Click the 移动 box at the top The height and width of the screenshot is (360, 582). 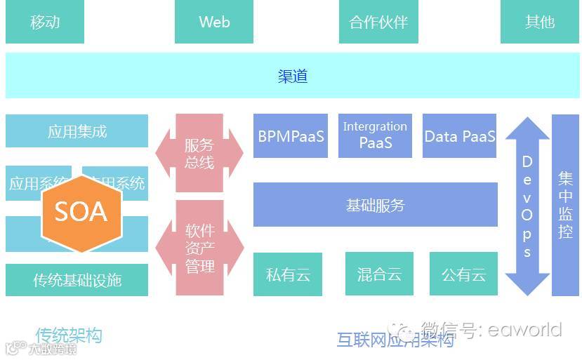[x=45, y=22]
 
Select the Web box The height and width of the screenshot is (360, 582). [x=214, y=22]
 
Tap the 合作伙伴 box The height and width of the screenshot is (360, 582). [x=378, y=22]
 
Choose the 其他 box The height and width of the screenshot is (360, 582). [x=539, y=22]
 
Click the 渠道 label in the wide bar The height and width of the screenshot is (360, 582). [x=292, y=76]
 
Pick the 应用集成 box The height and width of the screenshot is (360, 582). [x=77, y=131]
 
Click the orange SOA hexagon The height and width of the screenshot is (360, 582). [x=81, y=211]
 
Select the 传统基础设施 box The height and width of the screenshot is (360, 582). [x=77, y=280]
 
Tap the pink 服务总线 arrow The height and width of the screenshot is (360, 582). [x=199, y=154]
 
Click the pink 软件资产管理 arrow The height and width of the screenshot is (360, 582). [x=199, y=248]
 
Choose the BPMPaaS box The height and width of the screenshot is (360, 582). [x=291, y=136]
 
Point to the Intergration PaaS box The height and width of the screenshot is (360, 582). [x=375, y=135]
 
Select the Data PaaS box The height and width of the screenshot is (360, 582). [x=459, y=136]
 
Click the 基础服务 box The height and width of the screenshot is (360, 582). [x=375, y=205]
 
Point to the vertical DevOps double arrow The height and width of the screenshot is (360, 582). [x=527, y=206]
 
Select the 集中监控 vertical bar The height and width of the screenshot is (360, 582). [x=565, y=205]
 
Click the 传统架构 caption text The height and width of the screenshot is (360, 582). [x=69, y=335]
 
